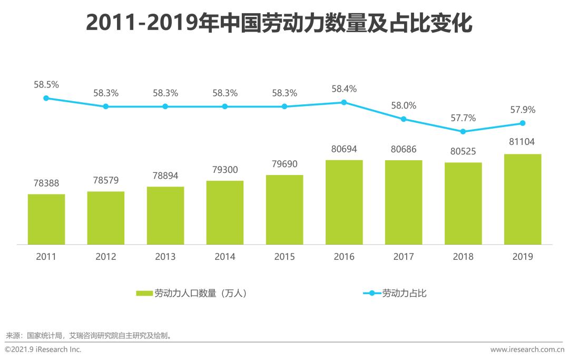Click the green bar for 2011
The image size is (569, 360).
tap(46, 219)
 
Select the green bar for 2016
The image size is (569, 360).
tap(344, 202)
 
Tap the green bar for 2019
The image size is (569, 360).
tap(523, 199)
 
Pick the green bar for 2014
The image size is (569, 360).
tap(225, 213)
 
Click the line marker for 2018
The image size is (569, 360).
tap(463, 131)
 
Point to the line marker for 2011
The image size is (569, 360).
tap(46, 98)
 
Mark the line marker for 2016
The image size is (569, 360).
tap(344, 102)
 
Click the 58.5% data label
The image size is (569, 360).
tap(46, 84)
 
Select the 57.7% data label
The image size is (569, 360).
tap(463, 118)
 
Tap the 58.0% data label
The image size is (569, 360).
tap(404, 105)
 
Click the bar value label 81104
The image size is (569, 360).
tap(523, 142)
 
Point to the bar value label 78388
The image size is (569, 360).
tap(46, 183)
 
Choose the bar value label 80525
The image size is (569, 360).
tap(463, 151)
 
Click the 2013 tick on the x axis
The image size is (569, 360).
tap(165, 257)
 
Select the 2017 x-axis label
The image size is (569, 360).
tap(404, 257)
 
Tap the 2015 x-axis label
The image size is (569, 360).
tap(284, 257)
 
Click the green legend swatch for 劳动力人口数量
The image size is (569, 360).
tap(144, 294)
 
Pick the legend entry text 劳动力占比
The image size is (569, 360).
tap(404, 294)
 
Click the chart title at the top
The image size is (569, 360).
tap(279, 24)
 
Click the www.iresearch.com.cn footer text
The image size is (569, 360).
tap(526, 349)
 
